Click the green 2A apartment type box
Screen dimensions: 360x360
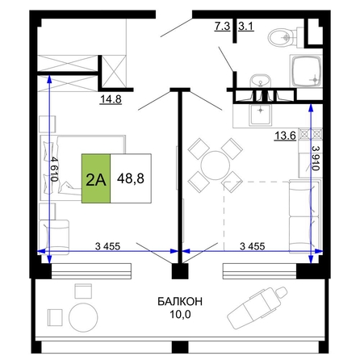point(96,178)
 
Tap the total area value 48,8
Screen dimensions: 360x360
point(131,178)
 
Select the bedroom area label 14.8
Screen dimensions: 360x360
point(111,99)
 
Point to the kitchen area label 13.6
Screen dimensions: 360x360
point(285,136)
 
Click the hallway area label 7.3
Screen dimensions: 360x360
point(222,27)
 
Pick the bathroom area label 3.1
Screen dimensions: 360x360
point(246,27)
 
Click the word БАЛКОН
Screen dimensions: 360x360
point(180,302)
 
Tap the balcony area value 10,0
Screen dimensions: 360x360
point(180,314)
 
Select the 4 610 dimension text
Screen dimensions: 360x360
point(54,170)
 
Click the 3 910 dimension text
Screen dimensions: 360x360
point(316,158)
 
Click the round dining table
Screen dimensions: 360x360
point(216,165)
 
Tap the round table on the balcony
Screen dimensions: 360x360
point(83,316)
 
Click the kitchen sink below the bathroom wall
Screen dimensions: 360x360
point(260,115)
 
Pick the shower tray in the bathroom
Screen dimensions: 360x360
point(306,71)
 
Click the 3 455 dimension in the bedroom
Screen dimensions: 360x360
point(107,246)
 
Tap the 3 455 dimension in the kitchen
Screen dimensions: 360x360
point(252,246)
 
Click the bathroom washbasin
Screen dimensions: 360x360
point(260,81)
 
